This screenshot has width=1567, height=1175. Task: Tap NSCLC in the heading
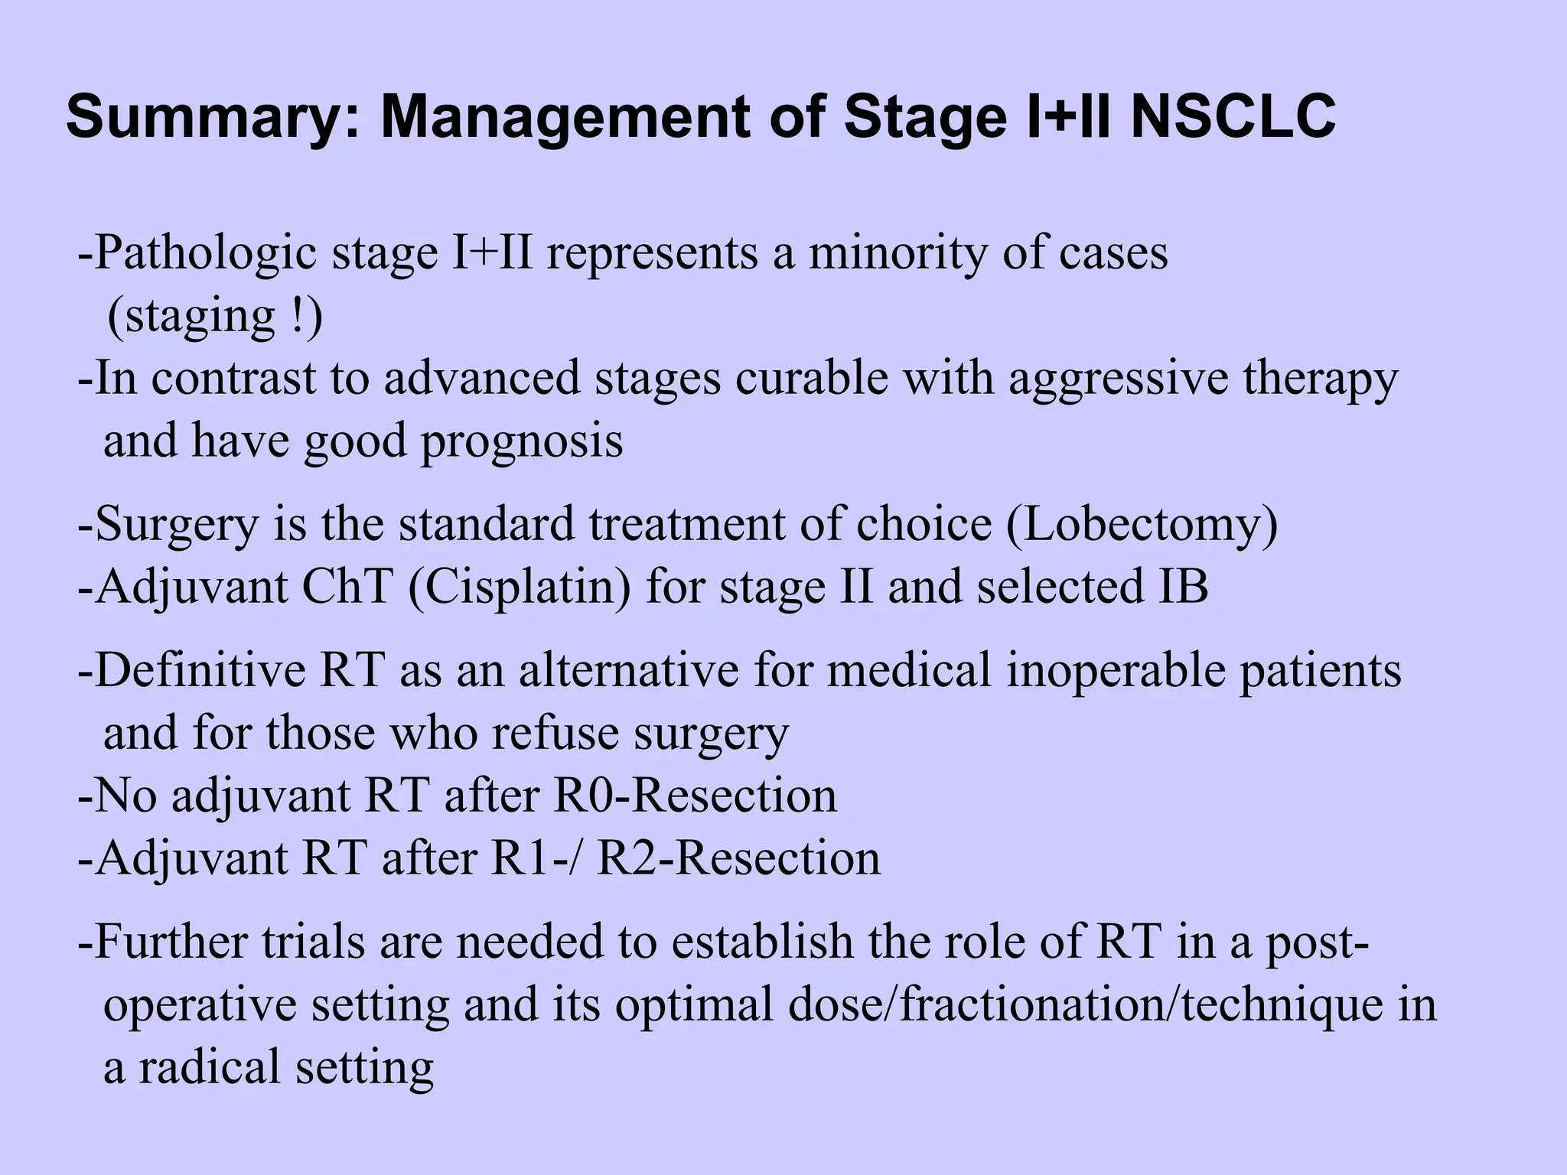[1233, 117]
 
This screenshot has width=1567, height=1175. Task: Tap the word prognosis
[522, 441]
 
